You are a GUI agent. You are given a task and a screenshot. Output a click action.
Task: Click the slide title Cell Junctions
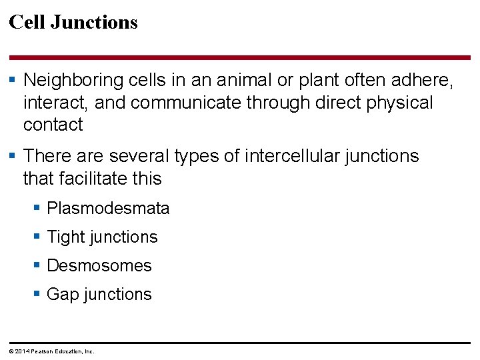click(x=73, y=23)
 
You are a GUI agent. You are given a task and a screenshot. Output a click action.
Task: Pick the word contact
click(x=53, y=125)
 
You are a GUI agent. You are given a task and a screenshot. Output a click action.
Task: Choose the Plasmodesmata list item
click(x=108, y=209)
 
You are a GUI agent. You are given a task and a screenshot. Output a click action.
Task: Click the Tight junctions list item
click(x=102, y=237)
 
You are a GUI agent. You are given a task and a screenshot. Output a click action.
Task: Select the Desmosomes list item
click(x=99, y=266)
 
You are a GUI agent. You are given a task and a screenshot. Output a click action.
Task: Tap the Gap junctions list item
click(x=99, y=295)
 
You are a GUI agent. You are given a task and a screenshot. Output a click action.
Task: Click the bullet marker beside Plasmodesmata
click(x=38, y=209)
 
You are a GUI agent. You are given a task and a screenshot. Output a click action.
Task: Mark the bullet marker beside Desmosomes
click(x=38, y=265)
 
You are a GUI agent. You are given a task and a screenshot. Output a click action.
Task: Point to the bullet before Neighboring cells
click(x=14, y=81)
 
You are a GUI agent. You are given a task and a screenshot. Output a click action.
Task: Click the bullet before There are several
click(x=14, y=156)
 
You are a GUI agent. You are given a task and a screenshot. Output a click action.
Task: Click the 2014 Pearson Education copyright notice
click(x=52, y=351)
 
